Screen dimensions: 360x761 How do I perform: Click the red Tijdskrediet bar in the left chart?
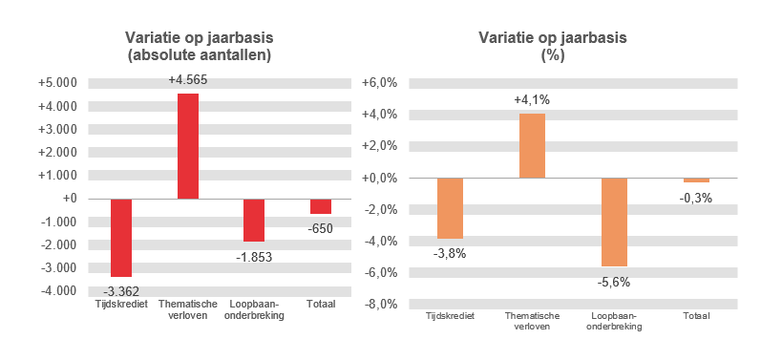point(121,238)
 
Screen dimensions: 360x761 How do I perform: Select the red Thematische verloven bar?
point(188,146)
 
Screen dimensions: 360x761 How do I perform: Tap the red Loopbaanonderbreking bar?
point(254,220)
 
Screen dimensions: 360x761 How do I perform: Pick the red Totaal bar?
point(321,206)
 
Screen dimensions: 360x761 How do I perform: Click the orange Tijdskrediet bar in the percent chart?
point(450,208)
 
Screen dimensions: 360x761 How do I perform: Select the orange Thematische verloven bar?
point(532,146)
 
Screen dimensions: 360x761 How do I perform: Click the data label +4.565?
point(188,80)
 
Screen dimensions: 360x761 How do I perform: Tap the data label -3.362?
point(121,291)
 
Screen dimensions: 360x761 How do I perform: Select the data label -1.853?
point(255,257)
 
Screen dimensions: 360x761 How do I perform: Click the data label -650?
point(321,229)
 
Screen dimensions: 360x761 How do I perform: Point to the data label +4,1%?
point(532,99)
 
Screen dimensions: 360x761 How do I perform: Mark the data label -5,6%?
point(614,282)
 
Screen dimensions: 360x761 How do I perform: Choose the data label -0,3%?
point(696,198)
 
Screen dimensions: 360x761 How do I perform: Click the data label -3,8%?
point(450,253)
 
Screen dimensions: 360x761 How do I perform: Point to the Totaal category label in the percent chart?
point(696,316)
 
